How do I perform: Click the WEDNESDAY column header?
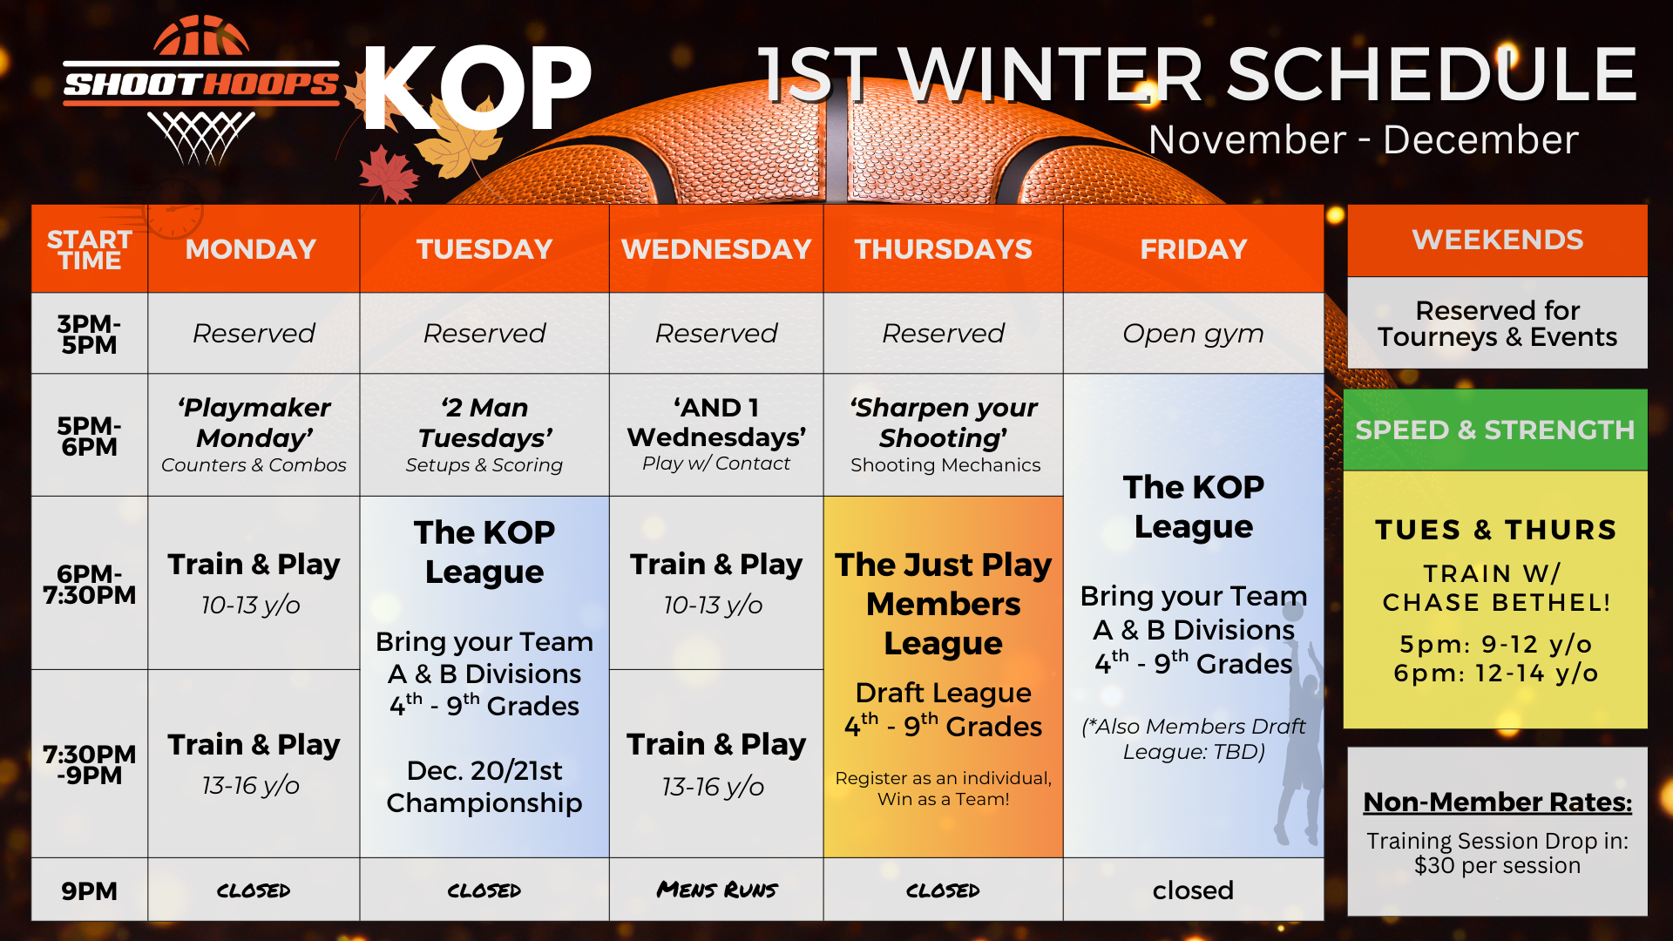coord(716,249)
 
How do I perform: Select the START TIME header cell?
coord(90,249)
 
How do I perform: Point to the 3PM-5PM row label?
coord(89,335)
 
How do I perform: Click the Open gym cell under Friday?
coord(1193,334)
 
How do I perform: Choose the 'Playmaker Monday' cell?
coord(254,435)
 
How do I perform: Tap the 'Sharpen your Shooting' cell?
coord(944,435)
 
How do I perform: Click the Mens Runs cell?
coord(716,890)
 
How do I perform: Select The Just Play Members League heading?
coord(944,604)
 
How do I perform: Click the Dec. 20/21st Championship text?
coord(484,786)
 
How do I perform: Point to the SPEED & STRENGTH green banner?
coord(1495,430)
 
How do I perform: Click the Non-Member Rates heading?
coord(1497,802)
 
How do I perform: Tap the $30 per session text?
coord(1497,865)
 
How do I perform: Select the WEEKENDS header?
coord(1497,240)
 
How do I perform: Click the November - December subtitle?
coord(1363,139)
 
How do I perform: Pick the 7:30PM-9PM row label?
coord(89,764)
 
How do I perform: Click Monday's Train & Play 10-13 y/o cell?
coord(254,583)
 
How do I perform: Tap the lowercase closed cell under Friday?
coord(1193,890)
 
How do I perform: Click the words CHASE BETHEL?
coord(1496,602)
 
